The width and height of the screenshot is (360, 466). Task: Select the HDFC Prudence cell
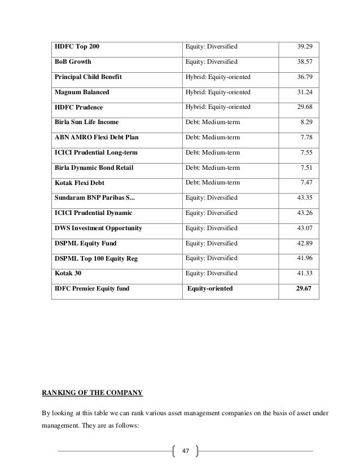coord(79,107)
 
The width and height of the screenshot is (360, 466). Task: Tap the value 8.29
coord(309,122)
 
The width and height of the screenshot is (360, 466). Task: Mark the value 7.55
coord(309,152)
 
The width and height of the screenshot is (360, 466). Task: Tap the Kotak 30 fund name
coord(67,274)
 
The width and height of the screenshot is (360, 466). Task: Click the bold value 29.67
coord(306,289)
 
